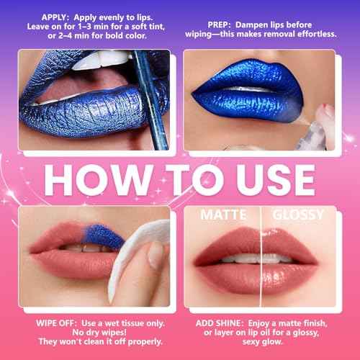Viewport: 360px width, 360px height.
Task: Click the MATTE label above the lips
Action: tap(223, 215)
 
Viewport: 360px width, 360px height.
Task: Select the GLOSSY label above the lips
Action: tap(297, 215)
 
